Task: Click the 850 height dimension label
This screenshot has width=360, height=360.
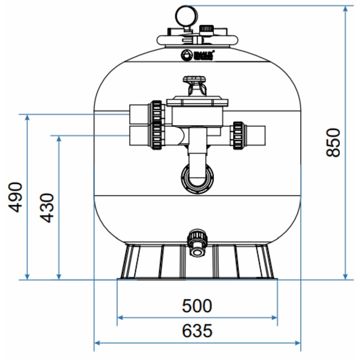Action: coord(333,143)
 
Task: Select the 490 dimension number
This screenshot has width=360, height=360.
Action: coord(16,197)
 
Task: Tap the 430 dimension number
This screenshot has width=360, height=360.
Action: coord(47,207)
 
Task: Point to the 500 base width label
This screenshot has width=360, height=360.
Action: coord(197,306)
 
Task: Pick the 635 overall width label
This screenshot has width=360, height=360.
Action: coord(197,331)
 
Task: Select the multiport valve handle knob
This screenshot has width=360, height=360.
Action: coord(194,80)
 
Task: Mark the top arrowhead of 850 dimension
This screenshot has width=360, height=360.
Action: coord(346,8)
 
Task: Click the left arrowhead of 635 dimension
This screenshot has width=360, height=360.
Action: coord(97,342)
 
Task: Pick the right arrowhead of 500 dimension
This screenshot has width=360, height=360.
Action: coord(275,318)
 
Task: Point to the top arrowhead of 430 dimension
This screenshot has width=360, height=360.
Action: coord(59,138)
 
